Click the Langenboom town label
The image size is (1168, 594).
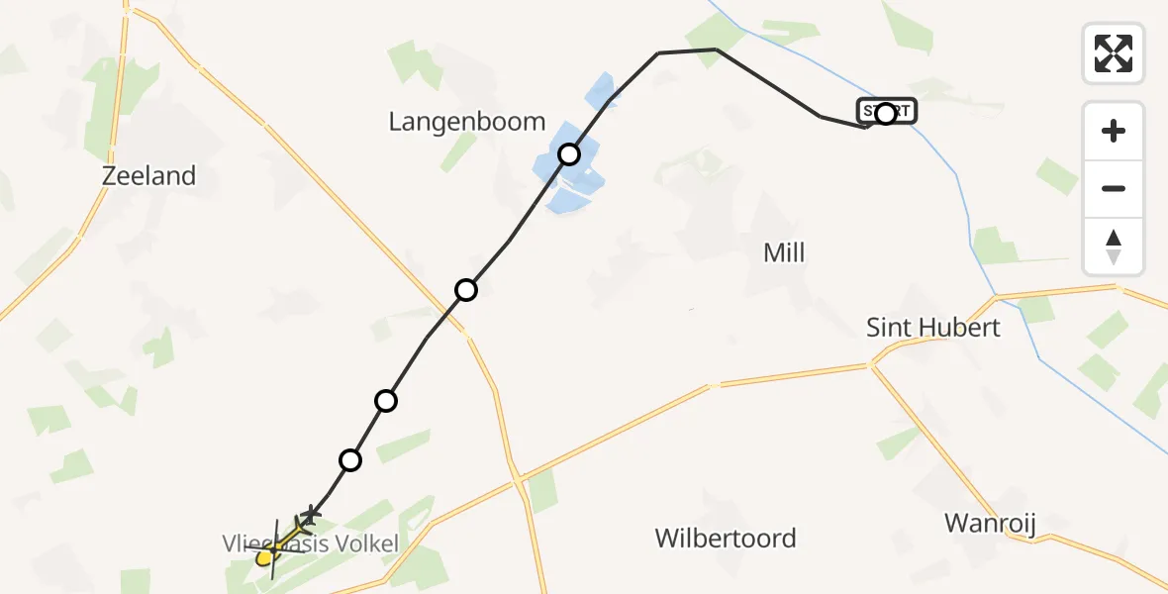pos(466,122)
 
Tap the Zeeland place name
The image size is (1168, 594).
pos(148,176)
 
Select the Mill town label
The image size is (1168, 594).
pos(784,252)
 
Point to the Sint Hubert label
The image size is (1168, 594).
pos(933,328)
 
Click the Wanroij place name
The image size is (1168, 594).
pos(990,523)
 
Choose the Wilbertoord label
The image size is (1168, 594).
pos(726,539)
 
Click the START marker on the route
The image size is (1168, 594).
pos(886,113)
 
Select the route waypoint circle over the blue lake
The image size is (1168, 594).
pos(569,154)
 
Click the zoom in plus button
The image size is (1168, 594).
pos(1114,131)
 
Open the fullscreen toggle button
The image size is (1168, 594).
pos(1114,53)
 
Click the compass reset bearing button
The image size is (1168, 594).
pos(1114,247)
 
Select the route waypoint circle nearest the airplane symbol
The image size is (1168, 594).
pos(350,459)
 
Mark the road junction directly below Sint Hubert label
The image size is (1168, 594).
pos(871,365)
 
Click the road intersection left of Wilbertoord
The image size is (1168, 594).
pos(517,480)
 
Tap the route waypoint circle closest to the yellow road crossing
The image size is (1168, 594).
pos(466,290)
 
